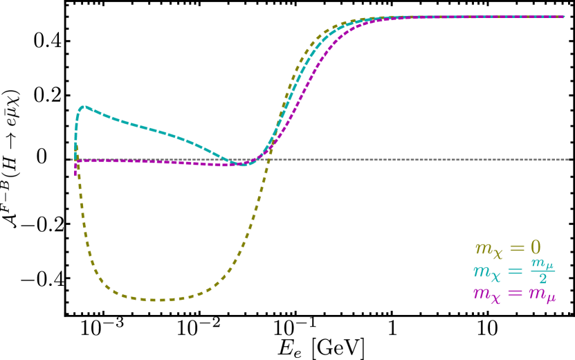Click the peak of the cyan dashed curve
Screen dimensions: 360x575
pos(84,107)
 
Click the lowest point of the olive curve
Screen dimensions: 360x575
pos(154,300)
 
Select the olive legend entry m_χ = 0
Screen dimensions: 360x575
pos(507,248)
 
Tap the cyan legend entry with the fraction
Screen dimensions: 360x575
pos(513,271)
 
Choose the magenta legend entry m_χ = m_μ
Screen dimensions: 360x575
pos(513,294)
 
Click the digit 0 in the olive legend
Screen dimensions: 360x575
pos(535,247)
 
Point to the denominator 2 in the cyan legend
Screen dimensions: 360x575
pos(542,279)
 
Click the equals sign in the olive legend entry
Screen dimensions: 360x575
pos(517,247)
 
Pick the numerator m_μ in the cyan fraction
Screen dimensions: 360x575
pos(542,264)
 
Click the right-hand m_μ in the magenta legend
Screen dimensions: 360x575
pos(542,294)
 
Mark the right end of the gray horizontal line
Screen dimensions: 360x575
pos(568,159)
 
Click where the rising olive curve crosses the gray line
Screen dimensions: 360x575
pos(266,159)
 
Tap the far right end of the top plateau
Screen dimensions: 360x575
pos(563,17)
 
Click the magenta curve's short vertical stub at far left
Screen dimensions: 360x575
pos(75,169)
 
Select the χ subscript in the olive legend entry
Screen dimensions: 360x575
pos(498,253)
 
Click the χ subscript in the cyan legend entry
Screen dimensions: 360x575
pos(495,276)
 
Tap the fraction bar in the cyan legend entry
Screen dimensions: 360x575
pos(542,271)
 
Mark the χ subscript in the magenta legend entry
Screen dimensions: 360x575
pos(495,298)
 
